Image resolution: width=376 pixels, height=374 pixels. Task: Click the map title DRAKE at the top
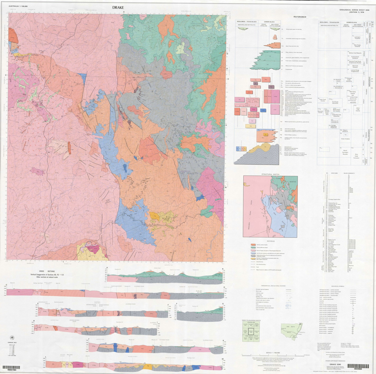(118, 7)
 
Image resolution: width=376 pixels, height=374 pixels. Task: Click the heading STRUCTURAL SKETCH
(270, 174)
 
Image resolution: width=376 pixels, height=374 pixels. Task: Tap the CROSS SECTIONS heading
(47, 271)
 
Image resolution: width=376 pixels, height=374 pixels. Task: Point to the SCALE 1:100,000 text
(273, 353)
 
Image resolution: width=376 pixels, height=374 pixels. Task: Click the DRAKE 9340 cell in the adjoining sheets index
(251, 332)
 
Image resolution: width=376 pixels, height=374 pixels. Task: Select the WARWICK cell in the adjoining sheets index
(251, 325)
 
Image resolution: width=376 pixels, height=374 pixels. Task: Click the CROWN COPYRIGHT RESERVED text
(335, 361)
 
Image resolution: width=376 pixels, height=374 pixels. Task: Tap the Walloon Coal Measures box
(355, 53)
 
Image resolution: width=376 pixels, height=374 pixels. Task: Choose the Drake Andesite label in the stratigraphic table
(345, 139)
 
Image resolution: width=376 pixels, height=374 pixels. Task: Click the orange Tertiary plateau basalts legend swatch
(253, 245)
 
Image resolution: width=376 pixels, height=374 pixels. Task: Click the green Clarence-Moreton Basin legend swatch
(253, 248)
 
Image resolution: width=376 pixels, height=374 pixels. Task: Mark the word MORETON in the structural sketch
(293, 182)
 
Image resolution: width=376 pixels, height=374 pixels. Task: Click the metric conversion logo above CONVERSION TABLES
(12, 338)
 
